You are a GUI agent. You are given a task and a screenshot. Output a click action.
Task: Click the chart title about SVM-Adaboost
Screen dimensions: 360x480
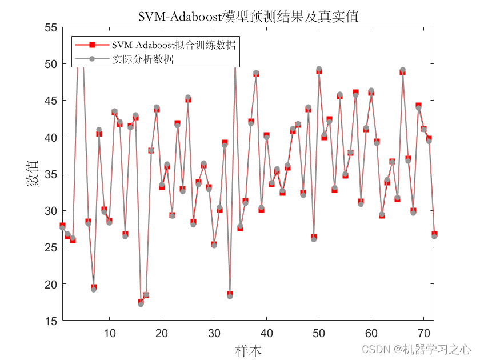pos(248,17)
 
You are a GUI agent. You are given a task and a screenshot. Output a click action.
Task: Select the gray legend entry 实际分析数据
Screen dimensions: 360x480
pos(143,59)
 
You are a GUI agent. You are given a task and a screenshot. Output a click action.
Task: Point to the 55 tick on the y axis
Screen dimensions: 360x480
pos(51,27)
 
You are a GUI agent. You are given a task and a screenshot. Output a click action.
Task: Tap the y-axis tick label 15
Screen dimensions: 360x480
pos(51,321)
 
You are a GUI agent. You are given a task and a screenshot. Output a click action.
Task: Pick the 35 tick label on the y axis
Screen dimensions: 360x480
pos(51,174)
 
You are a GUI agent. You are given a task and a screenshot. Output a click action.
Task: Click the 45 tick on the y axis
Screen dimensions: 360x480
pos(51,101)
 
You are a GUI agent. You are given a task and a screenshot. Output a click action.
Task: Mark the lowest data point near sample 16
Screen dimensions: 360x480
pos(141,303)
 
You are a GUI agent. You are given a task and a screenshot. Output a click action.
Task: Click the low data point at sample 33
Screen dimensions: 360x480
pos(230,295)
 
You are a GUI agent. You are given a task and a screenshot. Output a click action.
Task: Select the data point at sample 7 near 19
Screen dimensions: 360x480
pos(94,289)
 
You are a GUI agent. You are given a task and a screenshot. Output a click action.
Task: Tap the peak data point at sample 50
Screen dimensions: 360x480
pos(319,70)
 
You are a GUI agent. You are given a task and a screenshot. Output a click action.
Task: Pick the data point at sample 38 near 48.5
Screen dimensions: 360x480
pos(256,74)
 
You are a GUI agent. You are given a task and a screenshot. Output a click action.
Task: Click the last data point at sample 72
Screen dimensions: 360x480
pos(434,235)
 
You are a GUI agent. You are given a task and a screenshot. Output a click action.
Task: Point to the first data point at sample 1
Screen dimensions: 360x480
pos(62,227)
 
